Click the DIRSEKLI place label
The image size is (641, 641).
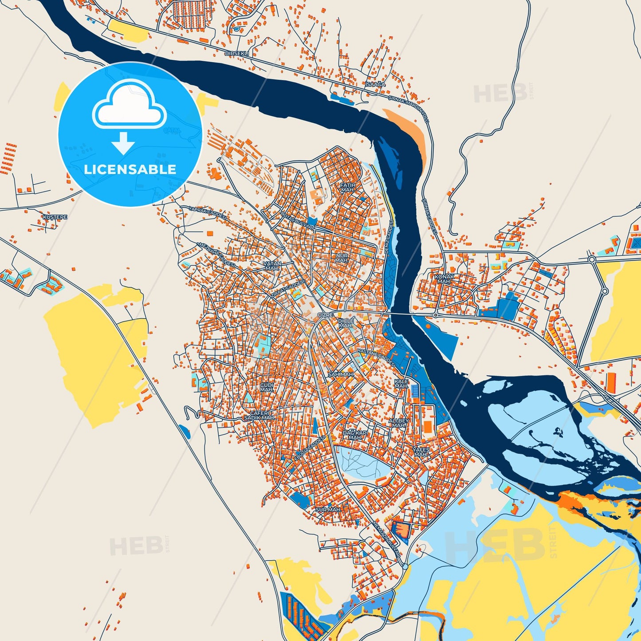click(237, 53)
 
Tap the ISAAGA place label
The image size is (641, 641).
click(376, 84)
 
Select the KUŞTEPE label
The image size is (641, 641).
click(55, 217)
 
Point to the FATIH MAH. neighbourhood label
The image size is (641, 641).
click(347, 187)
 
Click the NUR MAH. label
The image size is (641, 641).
click(342, 258)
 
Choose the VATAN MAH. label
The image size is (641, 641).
click(272, 266)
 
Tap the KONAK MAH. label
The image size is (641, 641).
click(444, 279)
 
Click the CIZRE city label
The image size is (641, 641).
click(325, 315)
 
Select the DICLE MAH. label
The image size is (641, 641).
click(346, 323)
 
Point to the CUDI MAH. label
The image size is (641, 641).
click(267, 387)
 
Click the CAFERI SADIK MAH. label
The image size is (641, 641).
click(260, 415)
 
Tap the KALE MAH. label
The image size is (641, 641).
click(401, 383)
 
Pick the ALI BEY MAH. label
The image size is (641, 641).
click(399, 422)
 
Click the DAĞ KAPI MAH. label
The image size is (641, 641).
click(355, 435)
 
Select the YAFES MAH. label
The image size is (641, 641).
click(421, 452)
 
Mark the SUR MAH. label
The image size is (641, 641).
click(328, 510)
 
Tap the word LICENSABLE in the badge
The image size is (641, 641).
click(130, 169)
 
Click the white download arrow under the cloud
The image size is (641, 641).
click(123, 143)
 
